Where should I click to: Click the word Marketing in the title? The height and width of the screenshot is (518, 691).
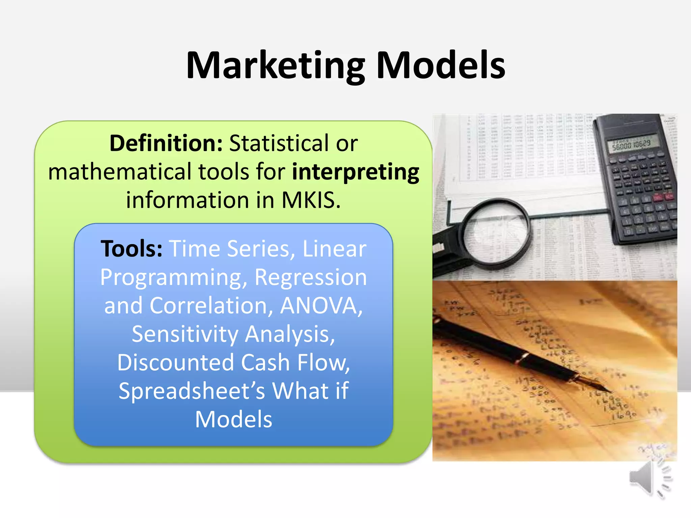[x=275, y=66]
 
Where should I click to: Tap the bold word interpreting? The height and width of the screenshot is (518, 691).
[x=355, y=172]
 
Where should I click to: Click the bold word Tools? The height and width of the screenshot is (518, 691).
[x=132, y=249]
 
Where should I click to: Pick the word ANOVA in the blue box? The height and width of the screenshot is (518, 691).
[x=321, y=306]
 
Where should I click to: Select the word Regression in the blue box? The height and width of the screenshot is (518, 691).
[x=310, y=277]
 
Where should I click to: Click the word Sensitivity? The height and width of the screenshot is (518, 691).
[x=185, y=334]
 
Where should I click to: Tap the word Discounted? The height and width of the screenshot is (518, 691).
[x=175, y=363]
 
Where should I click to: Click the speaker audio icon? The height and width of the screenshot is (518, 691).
[x=649, y=479]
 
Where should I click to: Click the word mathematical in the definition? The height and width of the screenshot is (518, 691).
[x=120, y=172]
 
